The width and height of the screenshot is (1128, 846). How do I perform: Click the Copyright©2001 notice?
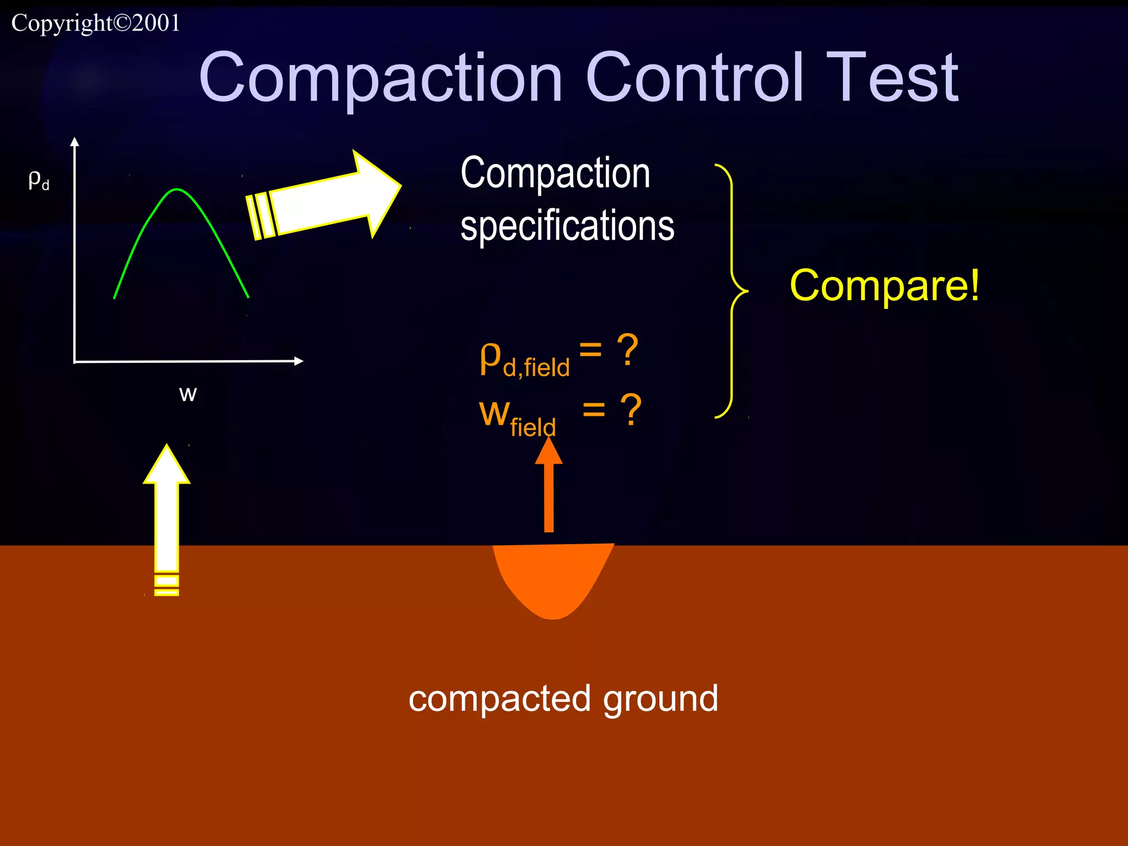pyautogui.click(x=96, y=23)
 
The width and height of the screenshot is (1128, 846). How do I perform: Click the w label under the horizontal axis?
pyautogui.click(x=188, y=393)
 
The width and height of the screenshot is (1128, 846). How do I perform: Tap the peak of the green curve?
pyautogui.click(x=176, y=190)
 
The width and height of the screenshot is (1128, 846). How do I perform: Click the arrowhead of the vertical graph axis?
pyautogui.click(x=75, y=142)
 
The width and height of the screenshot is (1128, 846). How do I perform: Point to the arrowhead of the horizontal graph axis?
pyautogui.click(x=299, y=361)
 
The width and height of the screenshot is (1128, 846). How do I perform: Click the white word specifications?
pyautogui.click(x=567, y=226)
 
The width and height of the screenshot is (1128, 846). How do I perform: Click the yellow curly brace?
pyautogui.click(x=733, y=290)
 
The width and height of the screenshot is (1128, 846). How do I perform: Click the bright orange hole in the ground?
pyautogui.click(x=552, y=578)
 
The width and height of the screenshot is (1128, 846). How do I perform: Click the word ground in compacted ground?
pyautogui.click(x=660, y=699)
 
